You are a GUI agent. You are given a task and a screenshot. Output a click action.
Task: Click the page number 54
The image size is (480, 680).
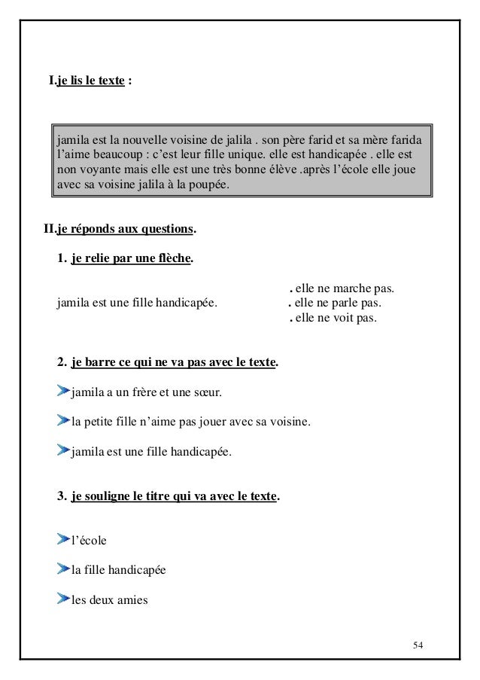pos(418,645)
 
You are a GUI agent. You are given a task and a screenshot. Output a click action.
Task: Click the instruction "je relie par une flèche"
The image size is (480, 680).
pos(131,260)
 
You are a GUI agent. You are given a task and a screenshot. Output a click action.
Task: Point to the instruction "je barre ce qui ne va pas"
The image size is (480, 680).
pos(174,362)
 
